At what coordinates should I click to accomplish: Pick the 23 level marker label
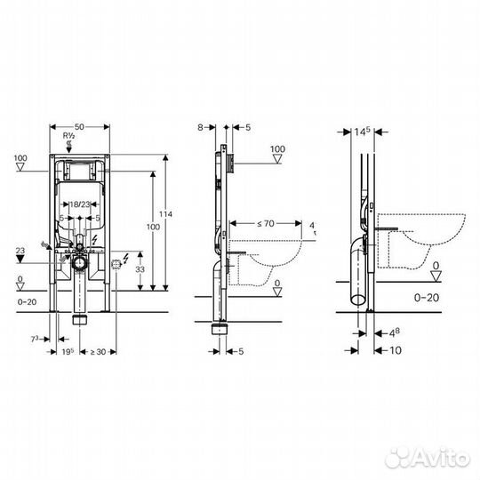click(x=20, y=252)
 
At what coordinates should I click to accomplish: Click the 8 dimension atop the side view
click(x=202, y=128)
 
